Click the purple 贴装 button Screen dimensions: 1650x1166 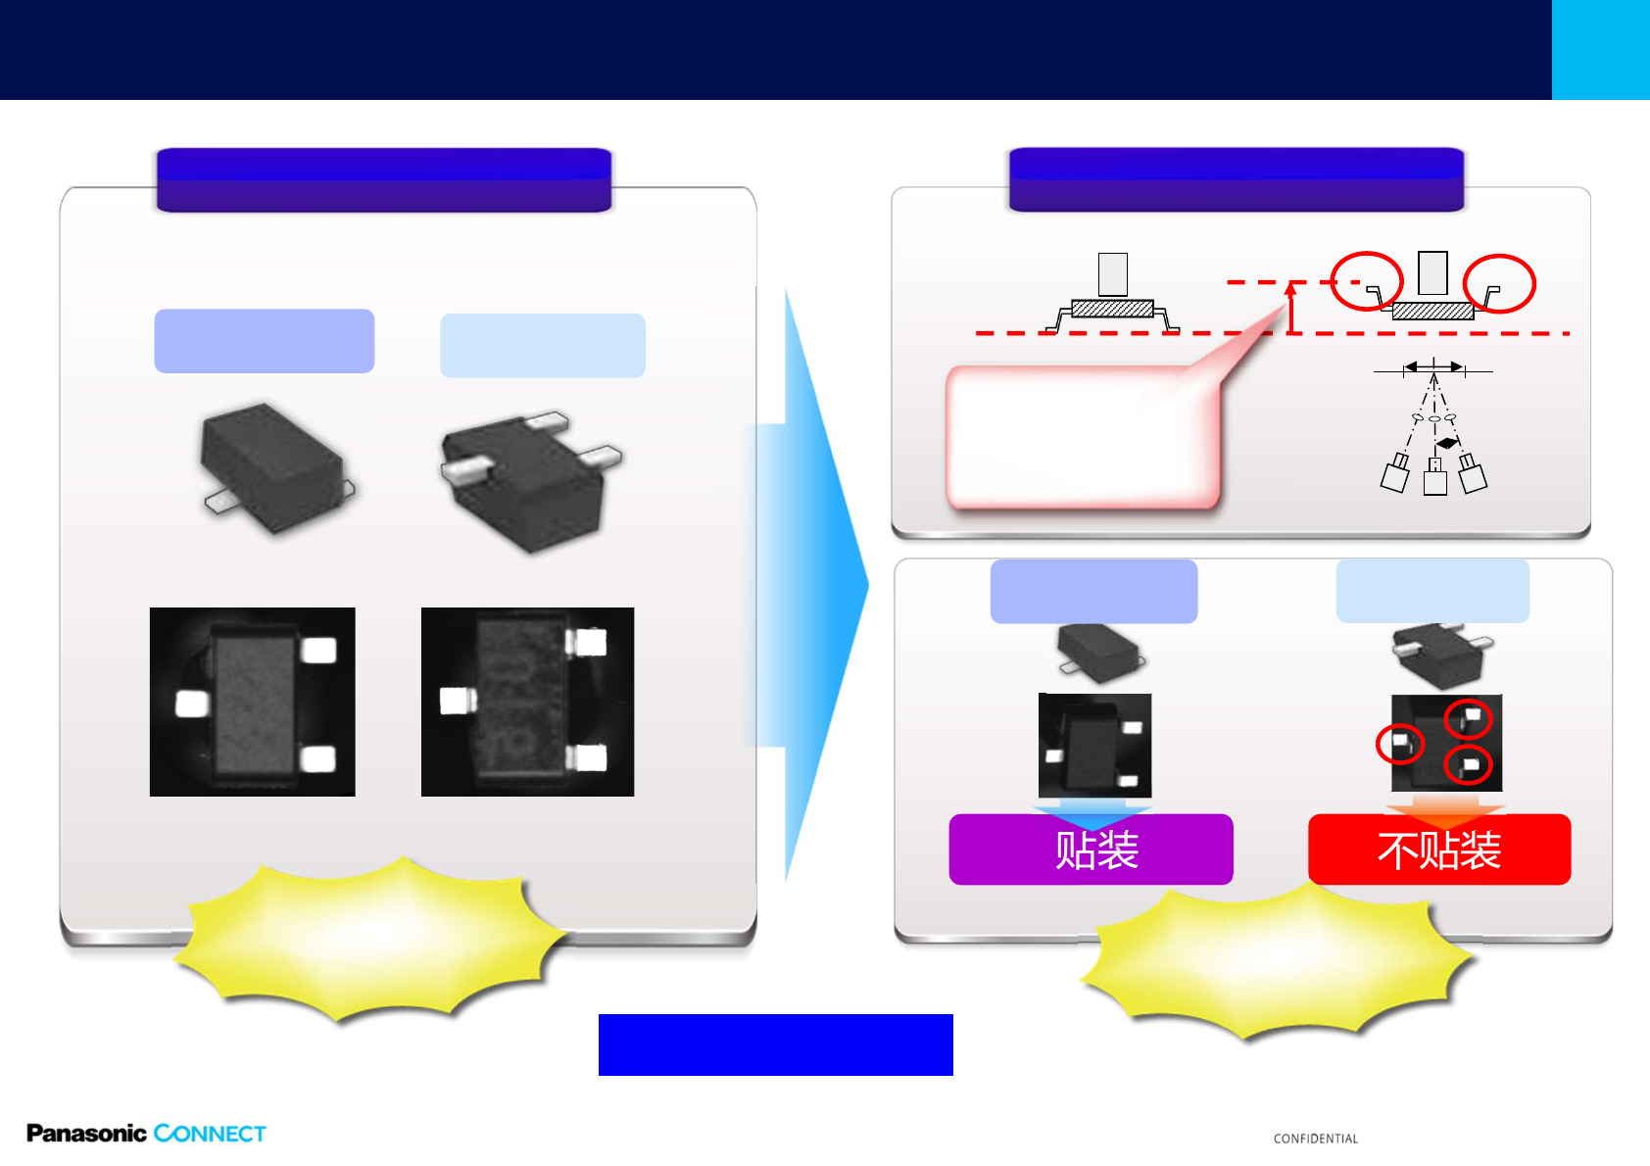(x=1091, y=850)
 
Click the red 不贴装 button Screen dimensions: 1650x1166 (x=1439, y=850)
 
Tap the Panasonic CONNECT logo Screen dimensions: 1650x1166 (x=146, y=1134)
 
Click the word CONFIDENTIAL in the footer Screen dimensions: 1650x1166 (x=1315, y=1139)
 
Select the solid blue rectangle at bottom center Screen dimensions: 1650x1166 (x=775, y=1045)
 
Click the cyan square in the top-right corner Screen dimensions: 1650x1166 (x=1600, y=49)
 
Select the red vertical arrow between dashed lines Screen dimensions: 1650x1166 (x=1291, y=308)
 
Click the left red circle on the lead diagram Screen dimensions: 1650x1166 (x=1367, y=281)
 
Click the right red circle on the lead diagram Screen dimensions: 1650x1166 (x=1499, y=283)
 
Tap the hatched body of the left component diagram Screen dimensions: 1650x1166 (x=1112, y=309)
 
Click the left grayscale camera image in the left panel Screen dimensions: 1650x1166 (x=252, y=702)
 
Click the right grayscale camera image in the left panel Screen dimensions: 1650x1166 (x=527, y=702)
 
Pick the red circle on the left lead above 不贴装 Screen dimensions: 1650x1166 (x=1400, y=744)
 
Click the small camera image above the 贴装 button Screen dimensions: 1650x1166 (x=1094, y=745)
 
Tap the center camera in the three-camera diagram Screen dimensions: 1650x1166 (x=1434, y=479)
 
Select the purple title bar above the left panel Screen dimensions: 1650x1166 (x=383, y=179)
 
